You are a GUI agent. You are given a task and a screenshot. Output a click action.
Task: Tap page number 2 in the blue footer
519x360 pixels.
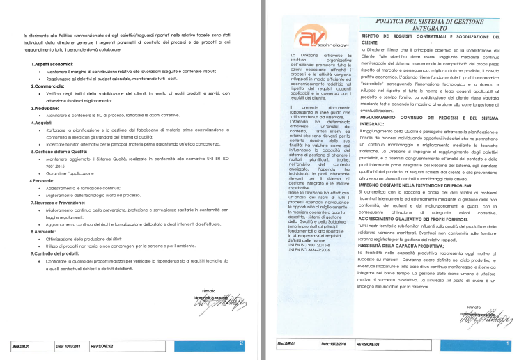tap(241, 343)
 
